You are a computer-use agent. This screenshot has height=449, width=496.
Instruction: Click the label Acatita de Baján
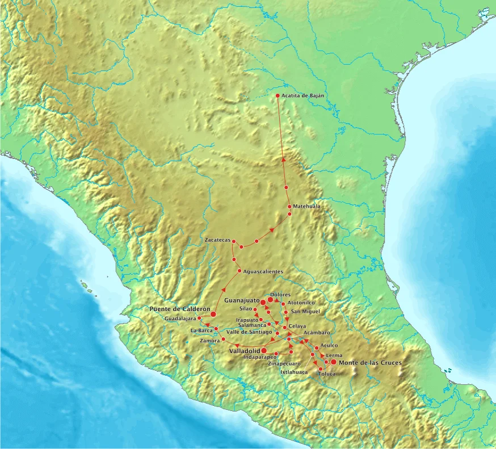click(x=302, y=96)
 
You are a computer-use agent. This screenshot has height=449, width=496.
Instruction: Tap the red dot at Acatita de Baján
click(x=278, y=96)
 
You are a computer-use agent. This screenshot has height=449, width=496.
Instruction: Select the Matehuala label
click(x=306, y=206)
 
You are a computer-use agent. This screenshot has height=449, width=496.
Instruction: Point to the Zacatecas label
click(x=217, y=241)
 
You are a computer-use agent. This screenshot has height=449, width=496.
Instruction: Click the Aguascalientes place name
click(x=263, y=271)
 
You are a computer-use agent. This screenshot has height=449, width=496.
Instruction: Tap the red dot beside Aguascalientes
click(x=239, y=271)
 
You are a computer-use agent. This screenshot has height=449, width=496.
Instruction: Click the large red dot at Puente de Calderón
click(x=213, y=314)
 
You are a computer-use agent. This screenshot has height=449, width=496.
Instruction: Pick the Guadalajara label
click(x=180, y=319)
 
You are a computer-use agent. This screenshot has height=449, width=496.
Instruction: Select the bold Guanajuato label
click(x=242, y=299)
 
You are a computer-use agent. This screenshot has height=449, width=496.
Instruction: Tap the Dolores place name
click(x=280, y=295)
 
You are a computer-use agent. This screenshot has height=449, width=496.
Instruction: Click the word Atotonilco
click(x=301, y=303)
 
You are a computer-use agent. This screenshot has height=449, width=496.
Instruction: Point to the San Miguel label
click(x=305, y=311)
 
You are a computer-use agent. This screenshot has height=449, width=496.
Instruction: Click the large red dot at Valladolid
click(x=264, y=351)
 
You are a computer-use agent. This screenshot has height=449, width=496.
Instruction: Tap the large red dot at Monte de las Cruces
click(x=334, y=362)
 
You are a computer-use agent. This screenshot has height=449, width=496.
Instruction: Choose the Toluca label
click(x=327, y=374)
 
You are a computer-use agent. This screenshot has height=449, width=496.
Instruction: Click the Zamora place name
click(x=209, y=341)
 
